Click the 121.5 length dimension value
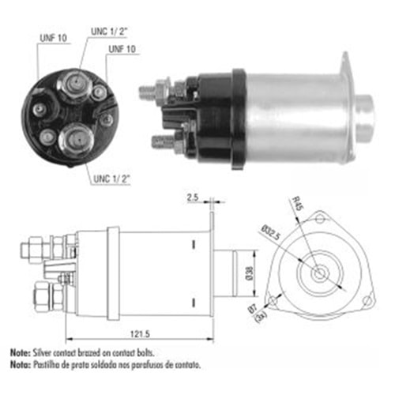(140, 334)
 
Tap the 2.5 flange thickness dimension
(193, 197)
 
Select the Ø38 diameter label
(249, 273)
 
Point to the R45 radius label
(298, 204)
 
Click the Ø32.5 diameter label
(270, 232)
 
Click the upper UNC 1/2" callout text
(109, 32)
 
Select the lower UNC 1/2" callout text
(112, 179)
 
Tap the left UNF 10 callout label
(53, 38)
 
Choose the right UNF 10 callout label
(122, 49)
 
